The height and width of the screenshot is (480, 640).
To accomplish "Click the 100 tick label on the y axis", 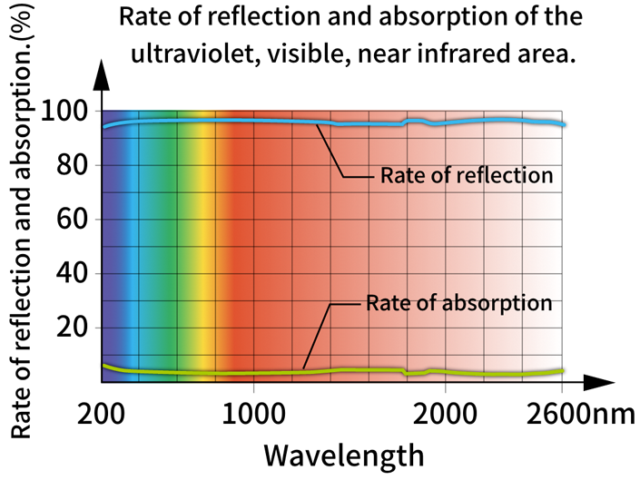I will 64,112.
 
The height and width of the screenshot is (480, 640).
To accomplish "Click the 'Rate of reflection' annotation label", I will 467,175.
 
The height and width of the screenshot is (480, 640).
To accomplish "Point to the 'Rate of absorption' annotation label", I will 459,302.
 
